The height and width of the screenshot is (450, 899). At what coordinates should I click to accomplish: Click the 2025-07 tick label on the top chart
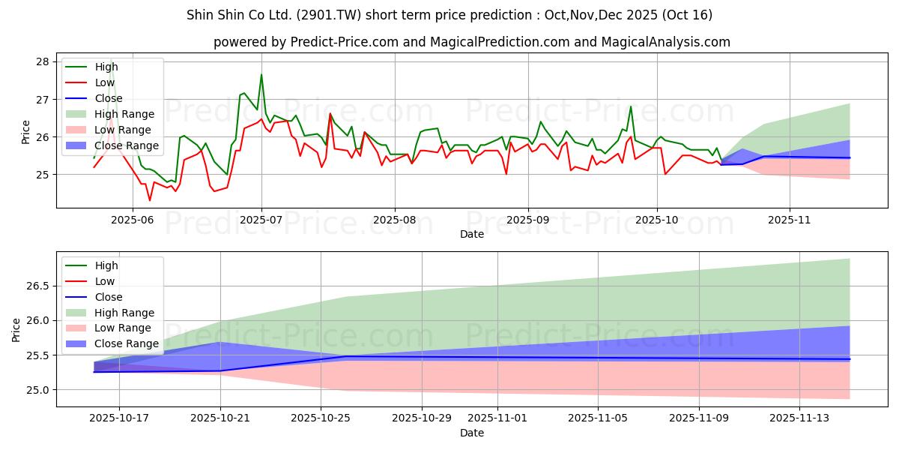(x=261, y=220)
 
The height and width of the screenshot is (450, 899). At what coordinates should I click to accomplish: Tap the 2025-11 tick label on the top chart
(x=790, y=220)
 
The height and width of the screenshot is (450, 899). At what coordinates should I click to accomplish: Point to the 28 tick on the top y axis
(x=43, y=61)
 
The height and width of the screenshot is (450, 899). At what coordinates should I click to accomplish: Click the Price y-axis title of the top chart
(x=26, y=132)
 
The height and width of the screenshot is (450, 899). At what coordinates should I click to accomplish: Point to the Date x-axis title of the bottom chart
(x=472, y=433)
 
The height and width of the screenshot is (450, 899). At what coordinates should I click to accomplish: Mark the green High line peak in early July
(x=261, y=74)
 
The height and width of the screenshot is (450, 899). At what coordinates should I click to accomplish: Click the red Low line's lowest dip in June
(x=150, y=200)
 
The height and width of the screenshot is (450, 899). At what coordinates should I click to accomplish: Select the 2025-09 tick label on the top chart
(x=528, y=220)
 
